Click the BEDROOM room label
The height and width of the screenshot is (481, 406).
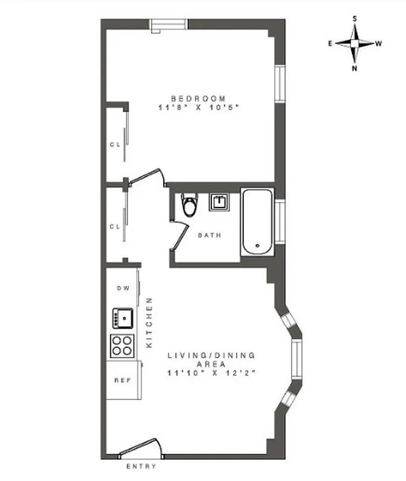pos(199,99)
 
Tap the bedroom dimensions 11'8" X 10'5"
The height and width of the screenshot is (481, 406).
pos(199,108)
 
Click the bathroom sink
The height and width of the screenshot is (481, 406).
pos(219,202)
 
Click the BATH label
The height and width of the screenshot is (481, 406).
pos(210,235)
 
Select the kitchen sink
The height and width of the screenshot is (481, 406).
pos(122,317)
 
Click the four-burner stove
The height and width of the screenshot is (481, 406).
pos(122,346)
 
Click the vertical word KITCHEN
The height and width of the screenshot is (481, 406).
pos(151,323)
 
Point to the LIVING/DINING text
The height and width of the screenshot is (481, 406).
pos(211,355)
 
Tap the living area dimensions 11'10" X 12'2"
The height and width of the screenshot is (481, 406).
pos(212,373)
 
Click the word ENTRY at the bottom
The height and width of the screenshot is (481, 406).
pos(140,467)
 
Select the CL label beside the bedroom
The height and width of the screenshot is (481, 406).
pos(115,144)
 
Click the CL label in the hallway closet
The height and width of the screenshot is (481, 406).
pos(115,227)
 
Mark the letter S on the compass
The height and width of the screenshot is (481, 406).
pos(355,19)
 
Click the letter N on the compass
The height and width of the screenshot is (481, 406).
pos(355,68)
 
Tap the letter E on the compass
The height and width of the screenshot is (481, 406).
pos(331,43)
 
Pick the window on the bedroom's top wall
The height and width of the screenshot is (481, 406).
pos(169,25)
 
